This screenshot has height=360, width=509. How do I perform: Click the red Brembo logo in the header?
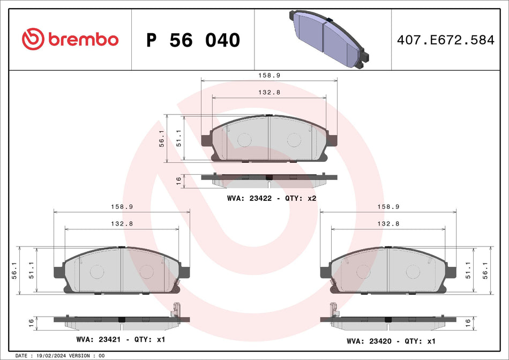[x=70, y=39]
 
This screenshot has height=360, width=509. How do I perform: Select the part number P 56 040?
[x=193, y=40]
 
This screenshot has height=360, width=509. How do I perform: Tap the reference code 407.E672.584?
[x=445, y=40]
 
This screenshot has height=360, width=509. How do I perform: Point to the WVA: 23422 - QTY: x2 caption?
[x=272, y=198]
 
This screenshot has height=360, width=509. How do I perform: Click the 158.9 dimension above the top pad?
[x=269, y=76]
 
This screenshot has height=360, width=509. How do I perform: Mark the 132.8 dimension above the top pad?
[x=269, y=92]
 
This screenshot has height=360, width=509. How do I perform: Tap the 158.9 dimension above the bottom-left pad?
[x=122, y=207]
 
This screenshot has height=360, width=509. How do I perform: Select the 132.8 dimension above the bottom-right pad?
[x=388, y=223]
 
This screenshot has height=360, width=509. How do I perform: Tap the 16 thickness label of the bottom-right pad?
[x=467, y=323]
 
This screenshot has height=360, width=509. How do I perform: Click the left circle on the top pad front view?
[x=244, y=140]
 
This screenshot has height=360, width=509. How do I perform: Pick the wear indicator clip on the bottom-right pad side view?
[x=333, y=310]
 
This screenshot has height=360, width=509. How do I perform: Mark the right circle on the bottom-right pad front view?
[x=412, y=272]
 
